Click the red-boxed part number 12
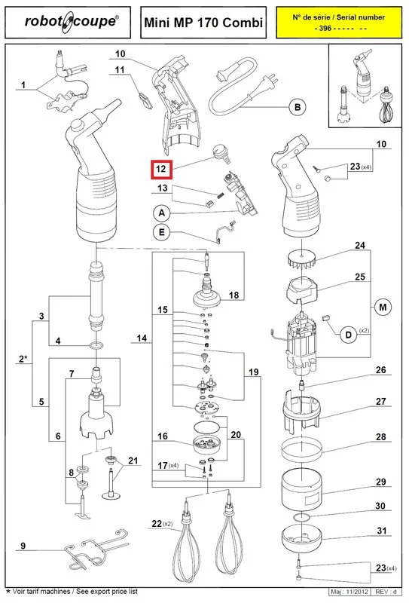pyautogui.click(x=161, y=169)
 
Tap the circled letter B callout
pyautogui.click(x=298, y=107)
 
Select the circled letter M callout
pyautogui.click(x=383, y=308)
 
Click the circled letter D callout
pyautogui.click(x=349, y=335)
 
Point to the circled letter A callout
pyautogui.click(x=162, y=213)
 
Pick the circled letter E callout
pyautogui.click(x=162, y=232)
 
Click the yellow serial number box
pyautogui.click(x=338, y=23)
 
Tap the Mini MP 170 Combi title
pyautogui.click(x=203, y=23)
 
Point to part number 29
pyautogui.click(x=380, y=482)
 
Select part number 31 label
pyautogui.click(x=381, y=531)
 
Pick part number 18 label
pyautogui.click(x=233, y=295)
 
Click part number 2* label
pyautogui.click(x=23, y=359)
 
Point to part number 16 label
pyautogui.click(x=163, y=436)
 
